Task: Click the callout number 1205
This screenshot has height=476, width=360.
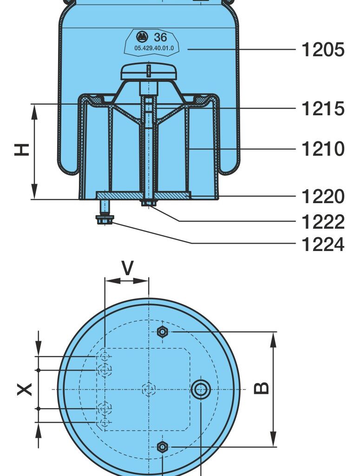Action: (x=323, y=49)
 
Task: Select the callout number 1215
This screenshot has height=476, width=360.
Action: (x=323, y=108)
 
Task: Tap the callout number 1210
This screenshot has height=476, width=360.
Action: (x=323, y=149)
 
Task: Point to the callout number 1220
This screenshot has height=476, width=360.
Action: (x=323, y=196)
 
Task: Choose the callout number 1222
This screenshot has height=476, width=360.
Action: (x=323, y=222)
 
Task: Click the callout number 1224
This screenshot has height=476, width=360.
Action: (x=323, y=244)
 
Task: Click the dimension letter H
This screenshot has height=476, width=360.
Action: (x=22, y=150)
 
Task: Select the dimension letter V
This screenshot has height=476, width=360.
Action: (x=127, y=268)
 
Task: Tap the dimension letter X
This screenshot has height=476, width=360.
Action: (x=24, y=389)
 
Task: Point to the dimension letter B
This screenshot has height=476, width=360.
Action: (x=261, y=388)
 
